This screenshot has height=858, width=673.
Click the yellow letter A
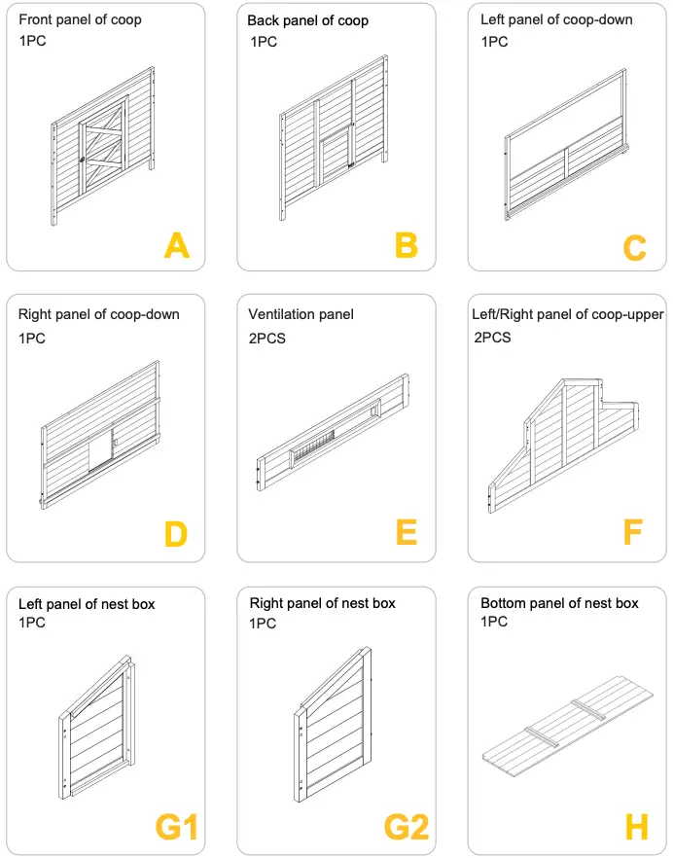click(x=177, y=245)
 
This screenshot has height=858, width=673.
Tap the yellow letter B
click(x=407, y=245)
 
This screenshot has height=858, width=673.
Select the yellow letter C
click(x=634, y=248)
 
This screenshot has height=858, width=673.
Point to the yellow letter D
click(x=175, y=534)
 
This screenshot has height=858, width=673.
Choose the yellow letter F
click(x=633, y=533)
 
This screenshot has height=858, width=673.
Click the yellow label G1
click(x=176, y=828)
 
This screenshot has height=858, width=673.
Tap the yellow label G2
click(x=407, y=828)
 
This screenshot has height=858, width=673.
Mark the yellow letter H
click(x=636, y=828)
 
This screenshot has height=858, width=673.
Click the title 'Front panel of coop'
click(x=79, y=18)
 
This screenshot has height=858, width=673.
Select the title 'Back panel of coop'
click(x=307, y=20)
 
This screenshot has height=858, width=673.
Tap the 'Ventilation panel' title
click(x=301, y=314)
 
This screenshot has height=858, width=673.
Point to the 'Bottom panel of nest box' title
click(x=559, y=603)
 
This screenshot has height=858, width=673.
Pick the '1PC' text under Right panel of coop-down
click(x=32, y=339)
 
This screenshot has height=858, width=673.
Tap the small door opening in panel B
click(x=335, y=161)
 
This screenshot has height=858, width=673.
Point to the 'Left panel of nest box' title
click(x=87, y=604)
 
